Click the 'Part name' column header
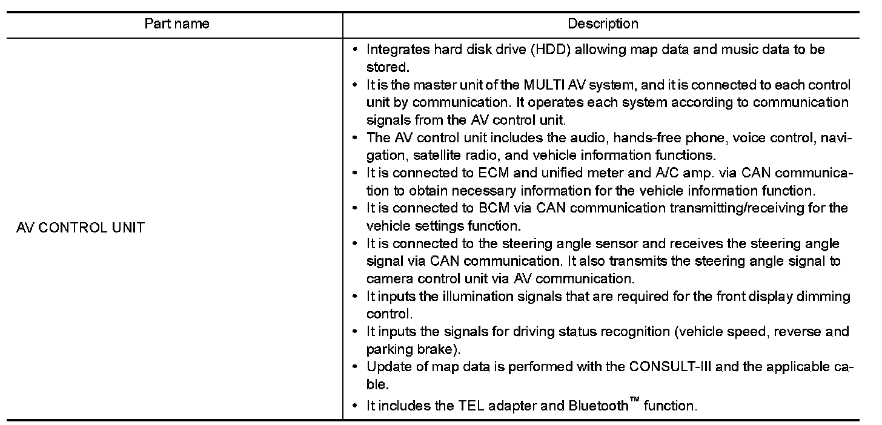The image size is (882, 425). (x=177, y=24)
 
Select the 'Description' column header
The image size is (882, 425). (x=603, y=24)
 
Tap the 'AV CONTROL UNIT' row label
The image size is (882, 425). (x=81, y=229)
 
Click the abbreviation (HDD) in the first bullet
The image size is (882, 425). (x=548, y=50)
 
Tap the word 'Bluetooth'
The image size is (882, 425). (x=598, y=406)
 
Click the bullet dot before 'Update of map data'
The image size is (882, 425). (x=356, y=367)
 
